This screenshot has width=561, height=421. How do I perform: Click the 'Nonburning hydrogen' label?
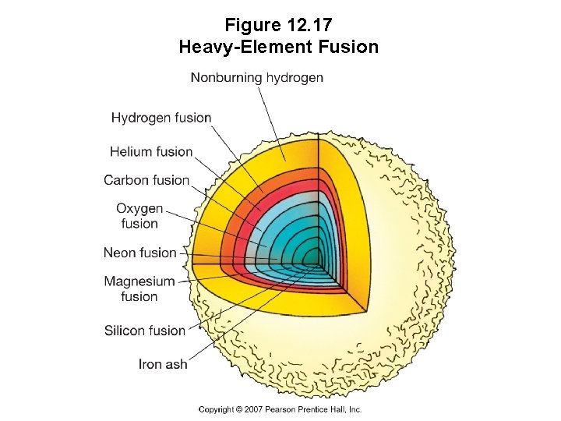pos(256,77)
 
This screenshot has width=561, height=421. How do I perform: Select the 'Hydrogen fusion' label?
pos(161,118)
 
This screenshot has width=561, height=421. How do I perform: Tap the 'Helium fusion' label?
pos(151,151)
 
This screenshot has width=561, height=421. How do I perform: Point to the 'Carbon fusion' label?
pos(146,180)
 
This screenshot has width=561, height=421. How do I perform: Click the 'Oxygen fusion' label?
pos(139,216)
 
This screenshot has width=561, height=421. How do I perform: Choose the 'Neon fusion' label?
pos(140,253)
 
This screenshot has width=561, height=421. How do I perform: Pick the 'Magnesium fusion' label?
pos(139,288)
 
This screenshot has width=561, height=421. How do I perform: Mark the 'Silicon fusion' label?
pos(145,331)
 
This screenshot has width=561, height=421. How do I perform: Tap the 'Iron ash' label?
pos(163,364)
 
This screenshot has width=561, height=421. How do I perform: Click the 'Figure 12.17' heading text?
pos(280,23)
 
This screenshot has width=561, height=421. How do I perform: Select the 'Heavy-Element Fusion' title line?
pos(279,47)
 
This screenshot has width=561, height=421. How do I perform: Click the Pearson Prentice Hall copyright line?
pos(280,409)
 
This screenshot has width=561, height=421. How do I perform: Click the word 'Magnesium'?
pos(139,281)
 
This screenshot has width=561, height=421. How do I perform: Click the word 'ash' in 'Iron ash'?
pos(176,364)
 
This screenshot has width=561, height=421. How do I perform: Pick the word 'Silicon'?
pos(125,331)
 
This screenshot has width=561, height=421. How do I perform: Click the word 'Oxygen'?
pos(139,209)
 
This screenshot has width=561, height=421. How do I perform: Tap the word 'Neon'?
pos(121,253)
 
